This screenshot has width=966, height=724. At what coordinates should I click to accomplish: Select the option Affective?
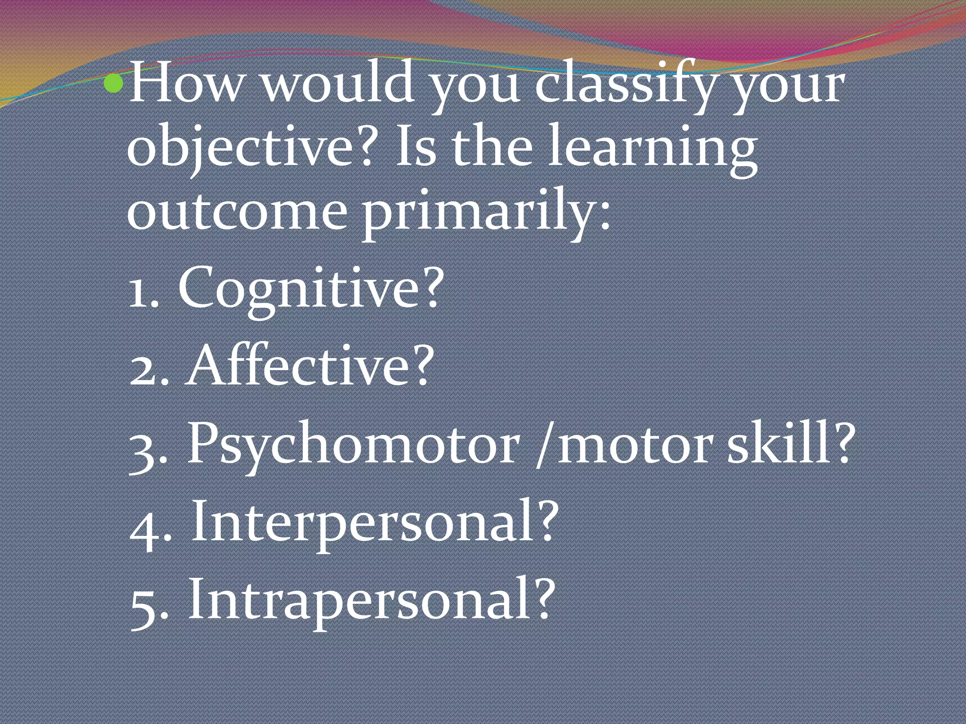click(309, 365)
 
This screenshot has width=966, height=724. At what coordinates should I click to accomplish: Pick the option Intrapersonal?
click(370, 601)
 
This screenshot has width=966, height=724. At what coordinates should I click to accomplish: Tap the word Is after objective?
click(416, 147)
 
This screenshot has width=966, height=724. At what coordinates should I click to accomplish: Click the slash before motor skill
click(544, 445)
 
